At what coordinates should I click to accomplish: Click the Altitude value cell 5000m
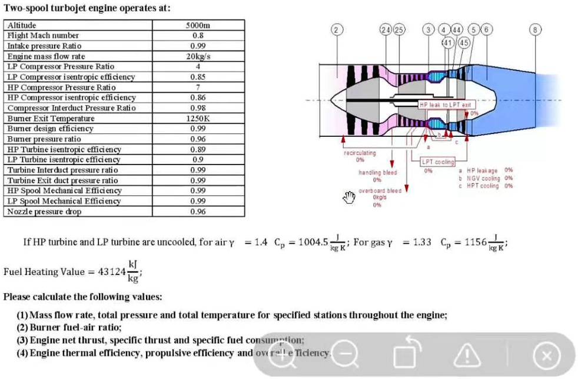point(198,25)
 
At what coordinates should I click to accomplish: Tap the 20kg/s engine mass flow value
point(198,56)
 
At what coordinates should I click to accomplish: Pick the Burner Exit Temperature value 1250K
point(198,118)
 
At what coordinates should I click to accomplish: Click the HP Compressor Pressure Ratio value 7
point(198,87)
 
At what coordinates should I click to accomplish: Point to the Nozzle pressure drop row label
point(44,212)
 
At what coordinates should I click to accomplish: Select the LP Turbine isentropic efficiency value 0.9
point(198,159)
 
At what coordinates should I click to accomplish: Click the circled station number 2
point(336,29)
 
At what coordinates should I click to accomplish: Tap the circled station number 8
point(534,29)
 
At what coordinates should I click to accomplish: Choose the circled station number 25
point(399,29)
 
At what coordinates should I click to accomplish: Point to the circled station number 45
point(464,42)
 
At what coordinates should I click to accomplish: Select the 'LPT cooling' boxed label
point(437,162)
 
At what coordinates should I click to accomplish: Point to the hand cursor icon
point(350,197)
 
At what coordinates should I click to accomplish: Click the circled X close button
point(547,355)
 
